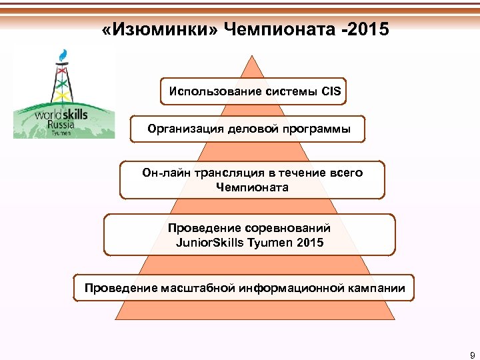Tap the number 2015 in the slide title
click(x=363, y=29)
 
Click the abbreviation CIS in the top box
click(x=331, y=92)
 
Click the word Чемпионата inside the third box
click(x=253, y=187)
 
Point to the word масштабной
click(x=194, y=289)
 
